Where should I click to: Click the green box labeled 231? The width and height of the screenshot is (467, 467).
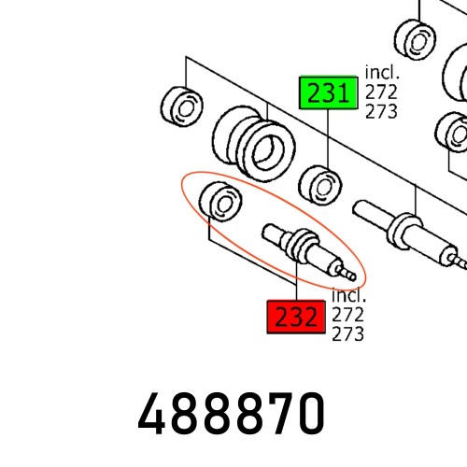(328, 93)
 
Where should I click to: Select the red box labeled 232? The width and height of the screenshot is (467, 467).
(297, 318)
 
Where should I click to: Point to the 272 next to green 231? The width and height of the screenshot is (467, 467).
(380, 92)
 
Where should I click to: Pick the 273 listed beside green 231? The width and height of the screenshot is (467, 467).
(380, 111)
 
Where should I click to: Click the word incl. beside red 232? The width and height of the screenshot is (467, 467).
(350, 298)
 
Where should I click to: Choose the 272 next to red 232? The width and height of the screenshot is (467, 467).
(348, 316)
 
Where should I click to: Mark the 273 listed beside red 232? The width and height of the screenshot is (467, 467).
(348, 334)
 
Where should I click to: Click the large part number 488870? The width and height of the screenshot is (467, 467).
(233, 413)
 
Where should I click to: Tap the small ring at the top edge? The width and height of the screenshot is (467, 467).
(413, 36)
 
